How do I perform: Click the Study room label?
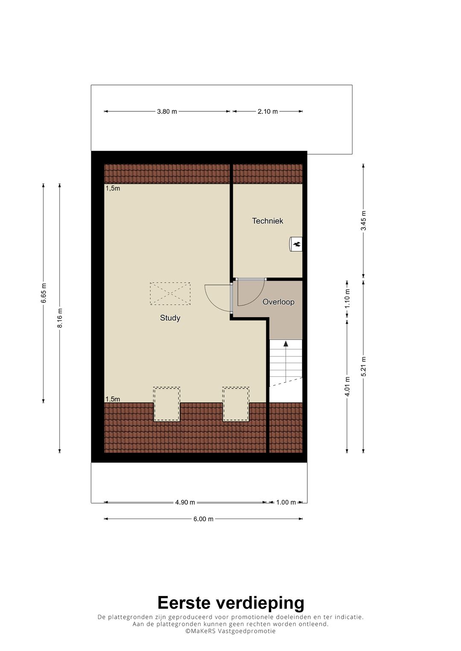170,318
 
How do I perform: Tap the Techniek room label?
268,221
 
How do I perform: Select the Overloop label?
278,302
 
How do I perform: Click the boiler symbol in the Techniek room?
296,244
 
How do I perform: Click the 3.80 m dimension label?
167,112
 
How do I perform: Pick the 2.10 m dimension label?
268,112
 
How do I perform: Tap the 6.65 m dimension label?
44,293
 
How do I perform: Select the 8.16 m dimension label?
60,318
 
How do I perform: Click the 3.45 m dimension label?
364,221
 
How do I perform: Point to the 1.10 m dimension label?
347,298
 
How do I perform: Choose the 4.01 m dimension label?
347,386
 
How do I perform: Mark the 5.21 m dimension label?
364,366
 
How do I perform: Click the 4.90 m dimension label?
185,503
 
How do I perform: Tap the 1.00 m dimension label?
286,503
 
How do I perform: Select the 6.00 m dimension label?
203,519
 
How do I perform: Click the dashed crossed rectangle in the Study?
170,293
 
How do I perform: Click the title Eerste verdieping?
230,603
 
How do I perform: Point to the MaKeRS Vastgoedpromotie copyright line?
230,631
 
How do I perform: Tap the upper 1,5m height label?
113,188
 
